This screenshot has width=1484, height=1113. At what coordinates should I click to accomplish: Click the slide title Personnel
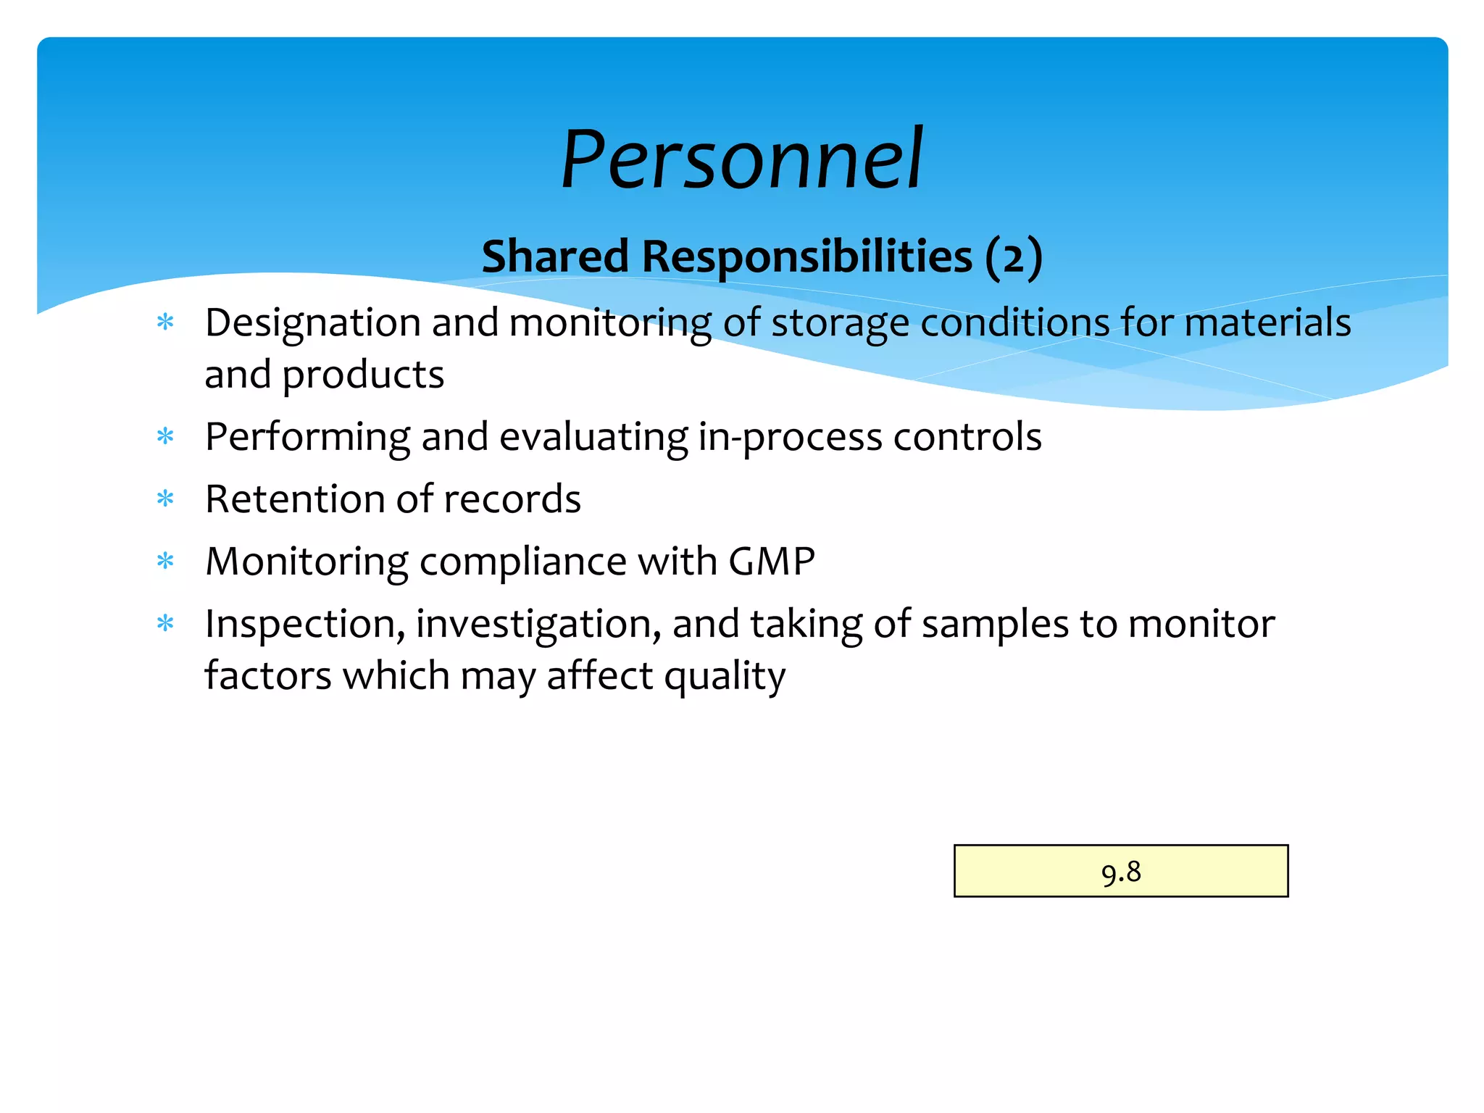click(x=741, y=159)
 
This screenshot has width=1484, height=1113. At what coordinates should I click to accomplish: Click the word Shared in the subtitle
click(x=555, y=257)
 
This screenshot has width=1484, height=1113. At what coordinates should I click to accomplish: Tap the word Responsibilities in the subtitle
click(x=806, y=257)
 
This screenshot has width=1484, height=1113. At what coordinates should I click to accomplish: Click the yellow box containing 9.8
click(x=1120, y=871)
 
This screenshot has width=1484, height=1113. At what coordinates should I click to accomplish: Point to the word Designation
click(x=312, y=323)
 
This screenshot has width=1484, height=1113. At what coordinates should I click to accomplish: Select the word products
click(x=363, y=375)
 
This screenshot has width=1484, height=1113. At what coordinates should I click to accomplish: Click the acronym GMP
click(x=772, y=561)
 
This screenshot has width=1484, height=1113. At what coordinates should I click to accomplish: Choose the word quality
click(x=725, y=677)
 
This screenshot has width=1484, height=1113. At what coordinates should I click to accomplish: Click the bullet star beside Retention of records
click(x=166, y=499)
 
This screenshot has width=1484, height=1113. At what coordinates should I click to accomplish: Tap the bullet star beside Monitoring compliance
click(x=166, y=561)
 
